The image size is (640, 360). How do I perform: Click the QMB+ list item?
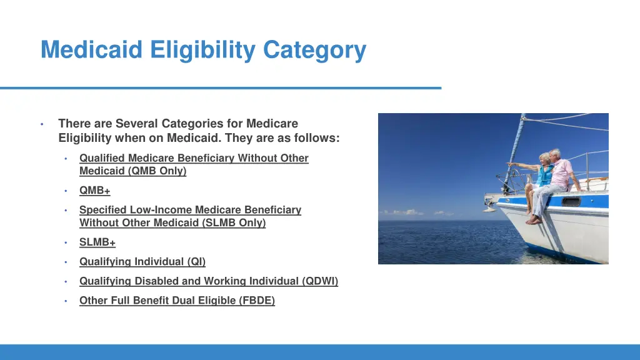coord(94,191)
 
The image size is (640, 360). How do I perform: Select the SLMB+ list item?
coord(97,242)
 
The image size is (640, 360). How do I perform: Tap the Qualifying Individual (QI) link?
coord(142,262)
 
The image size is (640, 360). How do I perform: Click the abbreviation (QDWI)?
coord(320,281)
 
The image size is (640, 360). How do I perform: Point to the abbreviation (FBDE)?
coord(257,301)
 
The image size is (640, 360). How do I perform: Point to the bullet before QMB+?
coord(66,191)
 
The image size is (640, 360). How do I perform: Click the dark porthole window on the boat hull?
coord(571,201)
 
